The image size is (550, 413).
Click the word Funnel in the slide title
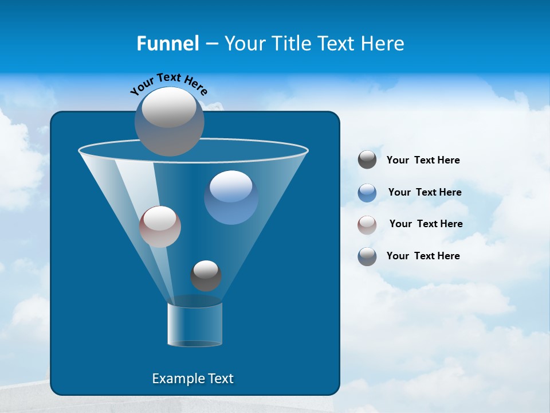tap(167, 44)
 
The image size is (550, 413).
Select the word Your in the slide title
tap(243, 44)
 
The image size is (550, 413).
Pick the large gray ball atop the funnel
tap(169, 121)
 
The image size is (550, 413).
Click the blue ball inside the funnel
tap(231, 197)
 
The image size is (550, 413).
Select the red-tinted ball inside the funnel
tap(160, 227)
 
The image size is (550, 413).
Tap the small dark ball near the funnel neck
tap(206, 276)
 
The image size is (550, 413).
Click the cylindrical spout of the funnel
tap(195, 324)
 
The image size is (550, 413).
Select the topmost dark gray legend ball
tap(367, 160)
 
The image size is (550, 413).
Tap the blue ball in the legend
tap(367, 193)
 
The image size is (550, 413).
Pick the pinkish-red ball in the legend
tap(367, 225)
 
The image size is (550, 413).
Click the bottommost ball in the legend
tap(367, 256)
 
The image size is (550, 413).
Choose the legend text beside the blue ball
tap(425, 192)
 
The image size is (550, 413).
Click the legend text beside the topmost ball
tap(423, 160)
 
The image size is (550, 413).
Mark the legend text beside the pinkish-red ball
tap(426, 224)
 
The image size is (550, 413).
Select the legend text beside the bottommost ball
tap(423, 256)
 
